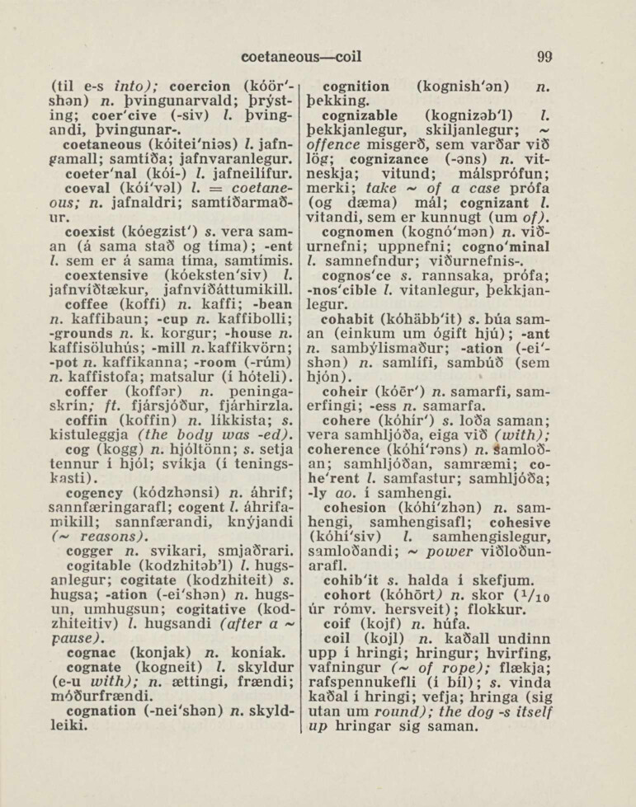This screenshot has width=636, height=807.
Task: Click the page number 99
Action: click(x=544, y=57)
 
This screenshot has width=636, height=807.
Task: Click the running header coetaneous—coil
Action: click(x=301, y=58)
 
